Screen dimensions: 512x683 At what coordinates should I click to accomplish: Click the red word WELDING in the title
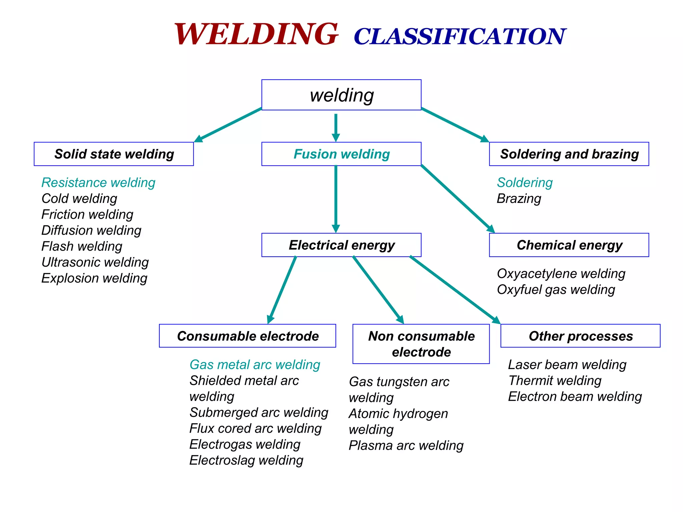click(x=256, y=34)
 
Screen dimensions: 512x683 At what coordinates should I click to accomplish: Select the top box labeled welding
click(x=341, y=95)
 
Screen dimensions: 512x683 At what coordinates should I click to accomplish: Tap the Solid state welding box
click(x=114, y=154)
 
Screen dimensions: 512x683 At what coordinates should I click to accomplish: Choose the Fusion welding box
click(x=341, y=154)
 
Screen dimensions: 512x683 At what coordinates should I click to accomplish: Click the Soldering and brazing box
click(x=569, y=154)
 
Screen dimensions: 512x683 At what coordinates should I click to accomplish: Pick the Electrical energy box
click(x=341, y=245)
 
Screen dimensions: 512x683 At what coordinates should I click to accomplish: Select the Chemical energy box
click(x=569, y=245)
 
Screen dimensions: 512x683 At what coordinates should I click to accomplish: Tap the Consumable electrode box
click(x=247, y=336)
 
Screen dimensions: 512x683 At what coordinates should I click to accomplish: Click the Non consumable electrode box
click(x=421, y=344)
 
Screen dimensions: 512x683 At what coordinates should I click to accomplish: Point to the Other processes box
click(x=580, y=336)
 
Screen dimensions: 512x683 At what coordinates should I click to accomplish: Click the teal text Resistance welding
click(x=98, y=183)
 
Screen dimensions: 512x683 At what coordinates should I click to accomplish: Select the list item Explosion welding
click(x=94, y=278)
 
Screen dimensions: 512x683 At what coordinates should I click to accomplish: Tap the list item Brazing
click(x=519, y=199)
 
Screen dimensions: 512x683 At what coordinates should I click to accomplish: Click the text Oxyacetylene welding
click(x=561, y=274)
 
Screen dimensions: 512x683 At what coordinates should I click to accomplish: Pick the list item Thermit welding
click(x=555, y=381)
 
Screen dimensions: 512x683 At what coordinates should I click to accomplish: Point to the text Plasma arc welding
click(x=406, y=446)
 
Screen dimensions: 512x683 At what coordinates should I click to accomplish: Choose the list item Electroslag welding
click(x=246, y=460)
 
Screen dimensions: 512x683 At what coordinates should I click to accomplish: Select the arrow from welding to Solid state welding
click(x=228, y=125)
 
